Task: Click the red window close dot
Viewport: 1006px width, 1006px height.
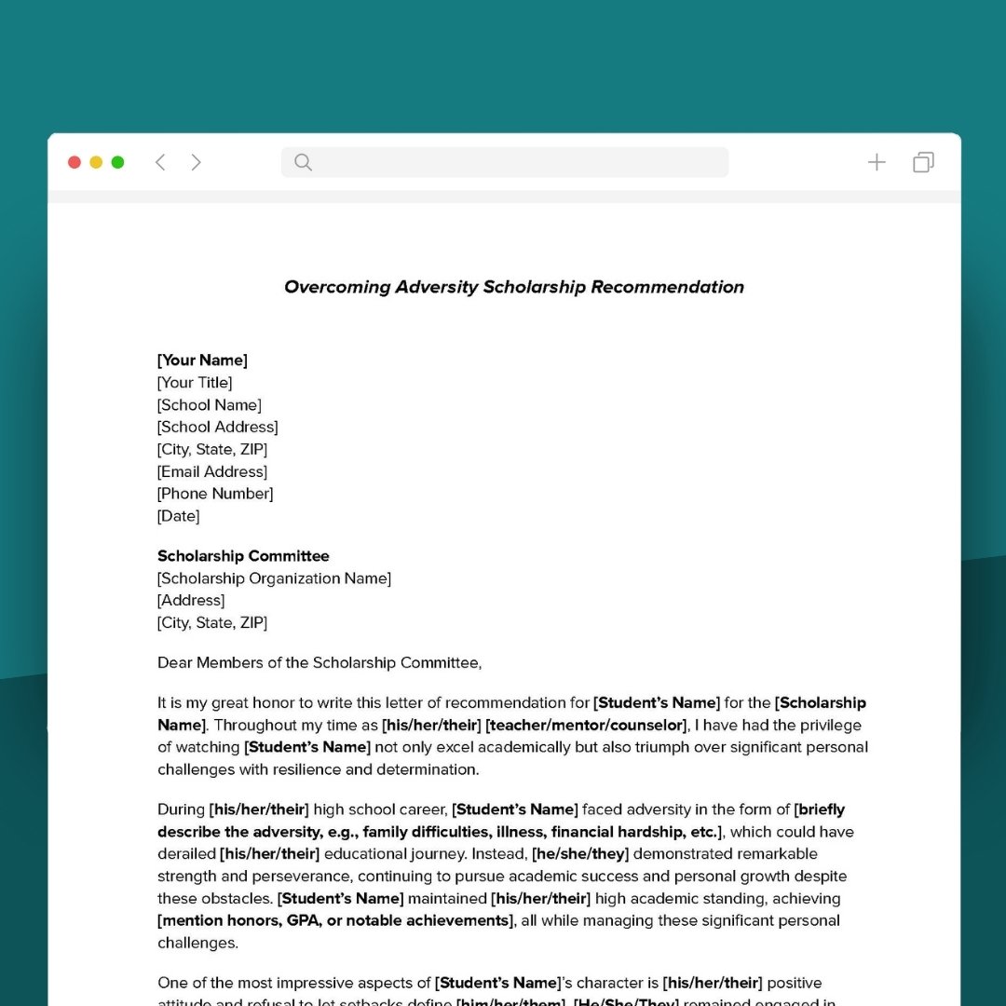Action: [75, 162]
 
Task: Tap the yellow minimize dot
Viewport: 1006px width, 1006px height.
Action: [96, 162]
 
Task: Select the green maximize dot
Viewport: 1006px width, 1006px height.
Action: [117, 162]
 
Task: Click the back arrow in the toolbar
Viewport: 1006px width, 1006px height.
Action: [160, 162]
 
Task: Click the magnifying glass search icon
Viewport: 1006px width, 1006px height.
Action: [303, 162]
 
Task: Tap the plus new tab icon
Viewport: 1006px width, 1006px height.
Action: [877, 162]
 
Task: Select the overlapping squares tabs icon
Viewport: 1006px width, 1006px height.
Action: [923, 162]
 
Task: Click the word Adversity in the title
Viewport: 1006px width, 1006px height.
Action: [436, 287]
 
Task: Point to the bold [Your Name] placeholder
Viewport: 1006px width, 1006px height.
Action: [202, 360]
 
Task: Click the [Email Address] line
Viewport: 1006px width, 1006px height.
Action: [212, 471]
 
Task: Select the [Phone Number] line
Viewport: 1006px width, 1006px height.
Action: [215, 494]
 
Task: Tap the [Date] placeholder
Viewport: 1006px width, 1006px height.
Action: [178, 516]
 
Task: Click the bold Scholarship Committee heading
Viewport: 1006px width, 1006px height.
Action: [243, 556]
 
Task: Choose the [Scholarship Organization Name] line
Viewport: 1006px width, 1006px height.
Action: [274, 578]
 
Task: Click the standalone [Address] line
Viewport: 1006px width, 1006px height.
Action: [191, 601]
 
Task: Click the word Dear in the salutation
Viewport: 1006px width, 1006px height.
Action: [174, 663]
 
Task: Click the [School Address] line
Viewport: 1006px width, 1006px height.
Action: [217, 427]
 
